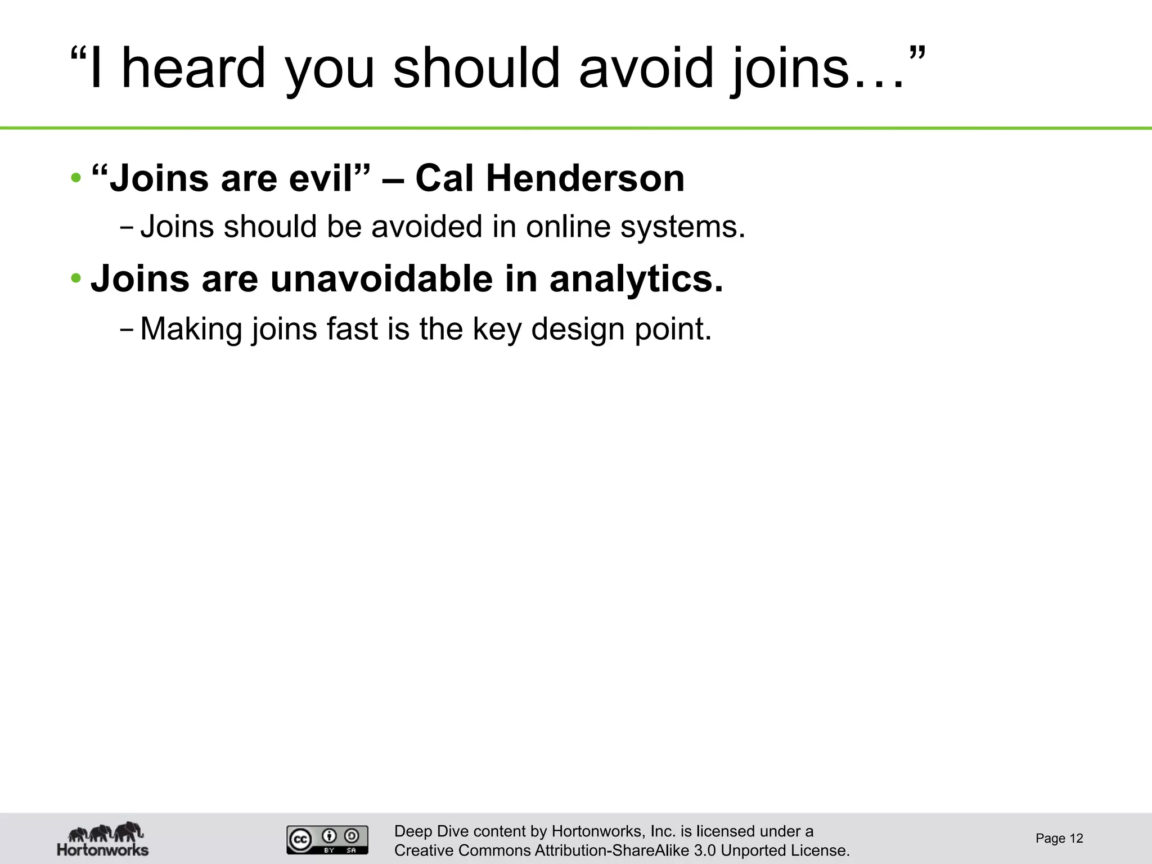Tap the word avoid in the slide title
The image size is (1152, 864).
coord(646,68)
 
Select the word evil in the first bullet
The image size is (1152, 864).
coord(330,178)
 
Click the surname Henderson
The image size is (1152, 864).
coord(585,178)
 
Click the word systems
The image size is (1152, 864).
coord(682,228)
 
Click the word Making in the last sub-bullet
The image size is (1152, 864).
coord(191,329)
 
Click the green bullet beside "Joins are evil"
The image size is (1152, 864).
coord(76,179)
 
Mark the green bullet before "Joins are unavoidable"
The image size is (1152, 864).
coord(76,278)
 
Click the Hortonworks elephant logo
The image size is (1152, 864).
coord(103,838)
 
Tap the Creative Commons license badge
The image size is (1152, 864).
coord(327,840)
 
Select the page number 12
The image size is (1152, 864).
coord(1076,839)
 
